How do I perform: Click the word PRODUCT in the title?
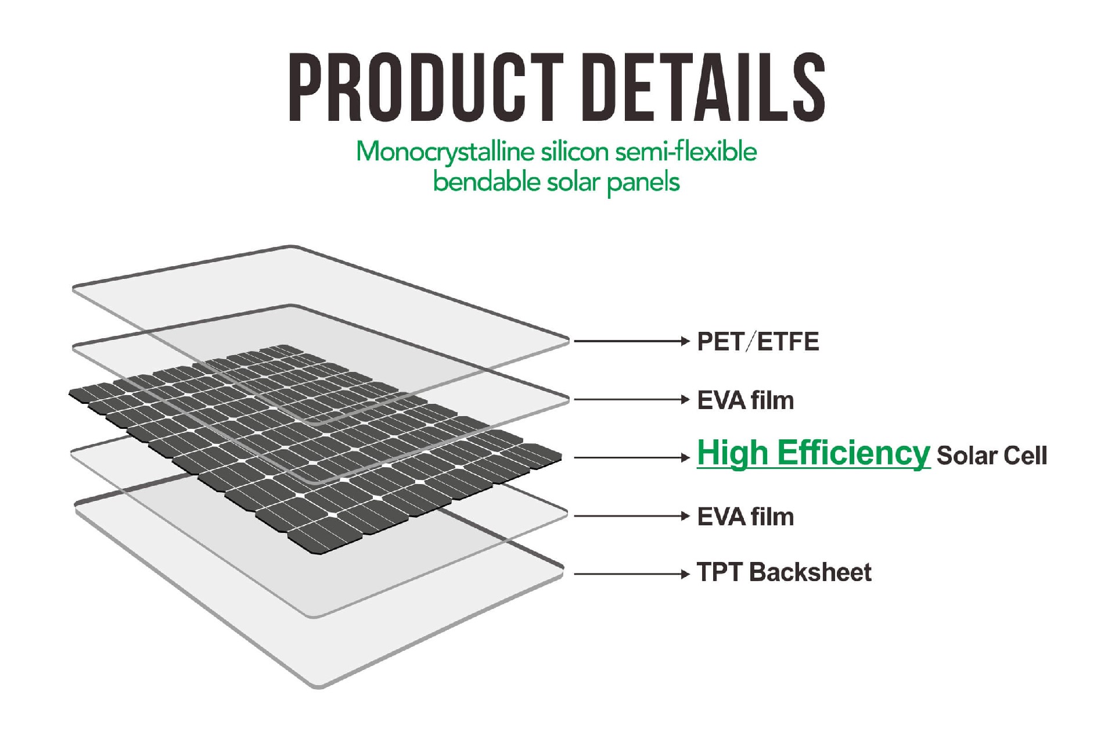(x=426, y=87)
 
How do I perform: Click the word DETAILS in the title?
(x=709, y=87)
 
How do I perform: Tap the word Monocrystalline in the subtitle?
(x=445, y=152)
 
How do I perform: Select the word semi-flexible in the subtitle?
(x=686, y=152)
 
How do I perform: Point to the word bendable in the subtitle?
(x=487, y=182)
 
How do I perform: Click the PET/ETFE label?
(x=758, y=342)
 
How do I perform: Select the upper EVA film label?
(x=745, y=400)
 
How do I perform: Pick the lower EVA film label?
(x=745, y=517)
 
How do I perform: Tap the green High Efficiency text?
(x=813, y=453)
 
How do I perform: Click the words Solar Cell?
(x=992, y=456)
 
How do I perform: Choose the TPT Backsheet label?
(x=784, y=572)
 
